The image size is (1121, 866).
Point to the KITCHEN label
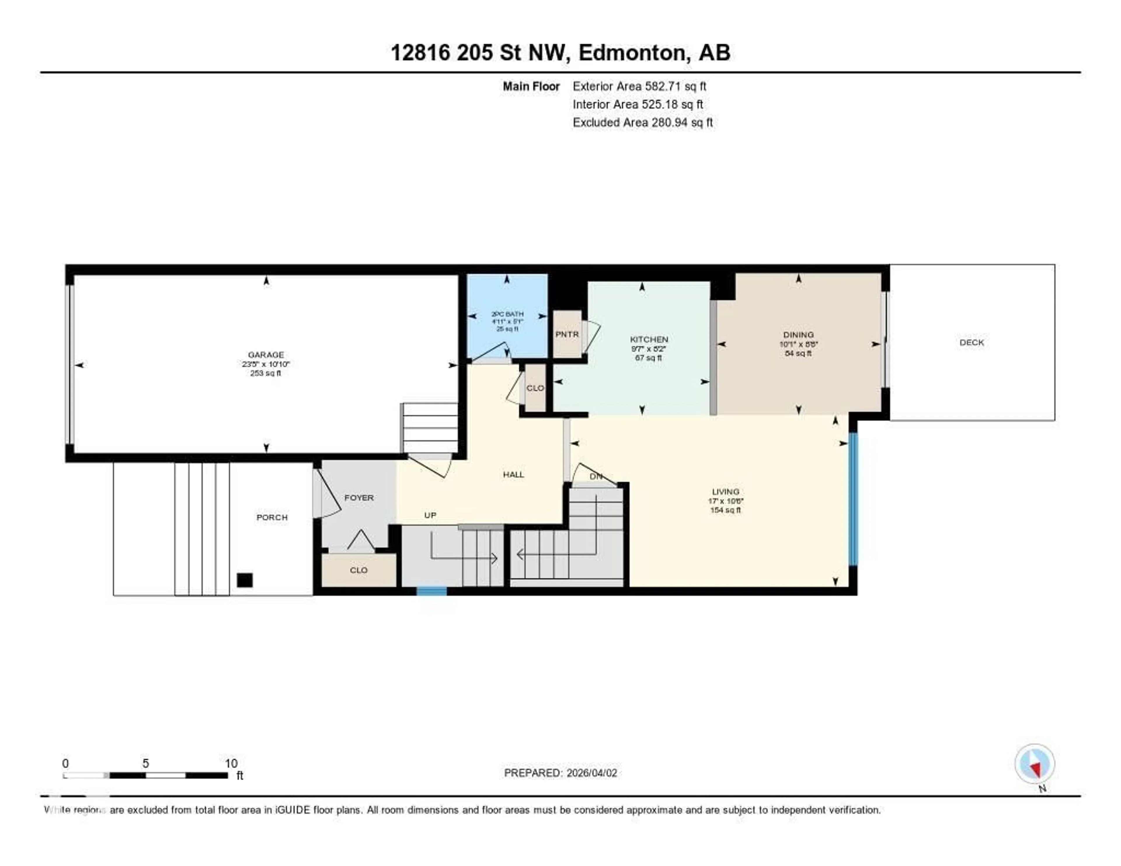click(x=649, y=339)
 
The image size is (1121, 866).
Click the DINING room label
click(x=798, y=335)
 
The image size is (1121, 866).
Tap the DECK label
click(x=972, y=342)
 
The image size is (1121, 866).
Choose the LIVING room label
click(x=725, y=492)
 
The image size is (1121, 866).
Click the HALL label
click(x=513, y=474)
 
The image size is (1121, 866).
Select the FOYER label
click(x=359, y=498)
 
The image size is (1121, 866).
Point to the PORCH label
click(x=272, y=517)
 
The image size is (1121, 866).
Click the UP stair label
click(x=430, y=515)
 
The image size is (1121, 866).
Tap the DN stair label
click(x=596, y=477)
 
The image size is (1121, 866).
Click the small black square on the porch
click(x=245, y=580)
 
